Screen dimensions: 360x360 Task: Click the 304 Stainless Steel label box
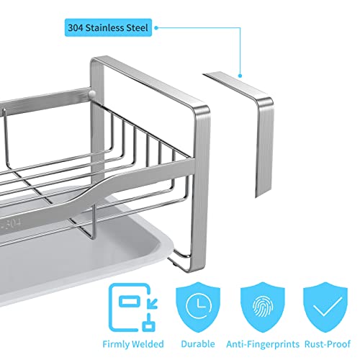tap(108, 27)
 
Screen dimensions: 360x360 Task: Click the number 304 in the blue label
tap(76, 27)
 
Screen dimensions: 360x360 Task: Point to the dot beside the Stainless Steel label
tap(156, 28)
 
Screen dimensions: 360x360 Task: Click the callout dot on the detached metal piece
tap(240, 76)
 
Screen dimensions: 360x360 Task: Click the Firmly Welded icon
tap(133, 307)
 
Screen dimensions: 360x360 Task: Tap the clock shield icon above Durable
tap(198, 307)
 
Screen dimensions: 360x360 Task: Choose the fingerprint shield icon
tap(263, 307)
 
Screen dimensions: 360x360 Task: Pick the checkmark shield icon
tap(325, 307)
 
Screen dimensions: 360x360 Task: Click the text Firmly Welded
tap(133, 344)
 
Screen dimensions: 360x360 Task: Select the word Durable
tap(198, 344)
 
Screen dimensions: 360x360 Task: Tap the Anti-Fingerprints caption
tap(263, 344)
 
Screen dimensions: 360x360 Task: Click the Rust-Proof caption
tap(328, 344)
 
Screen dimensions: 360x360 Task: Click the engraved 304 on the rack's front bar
tap(13, 223)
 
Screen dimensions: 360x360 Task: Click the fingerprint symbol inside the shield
tap(263, 306)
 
